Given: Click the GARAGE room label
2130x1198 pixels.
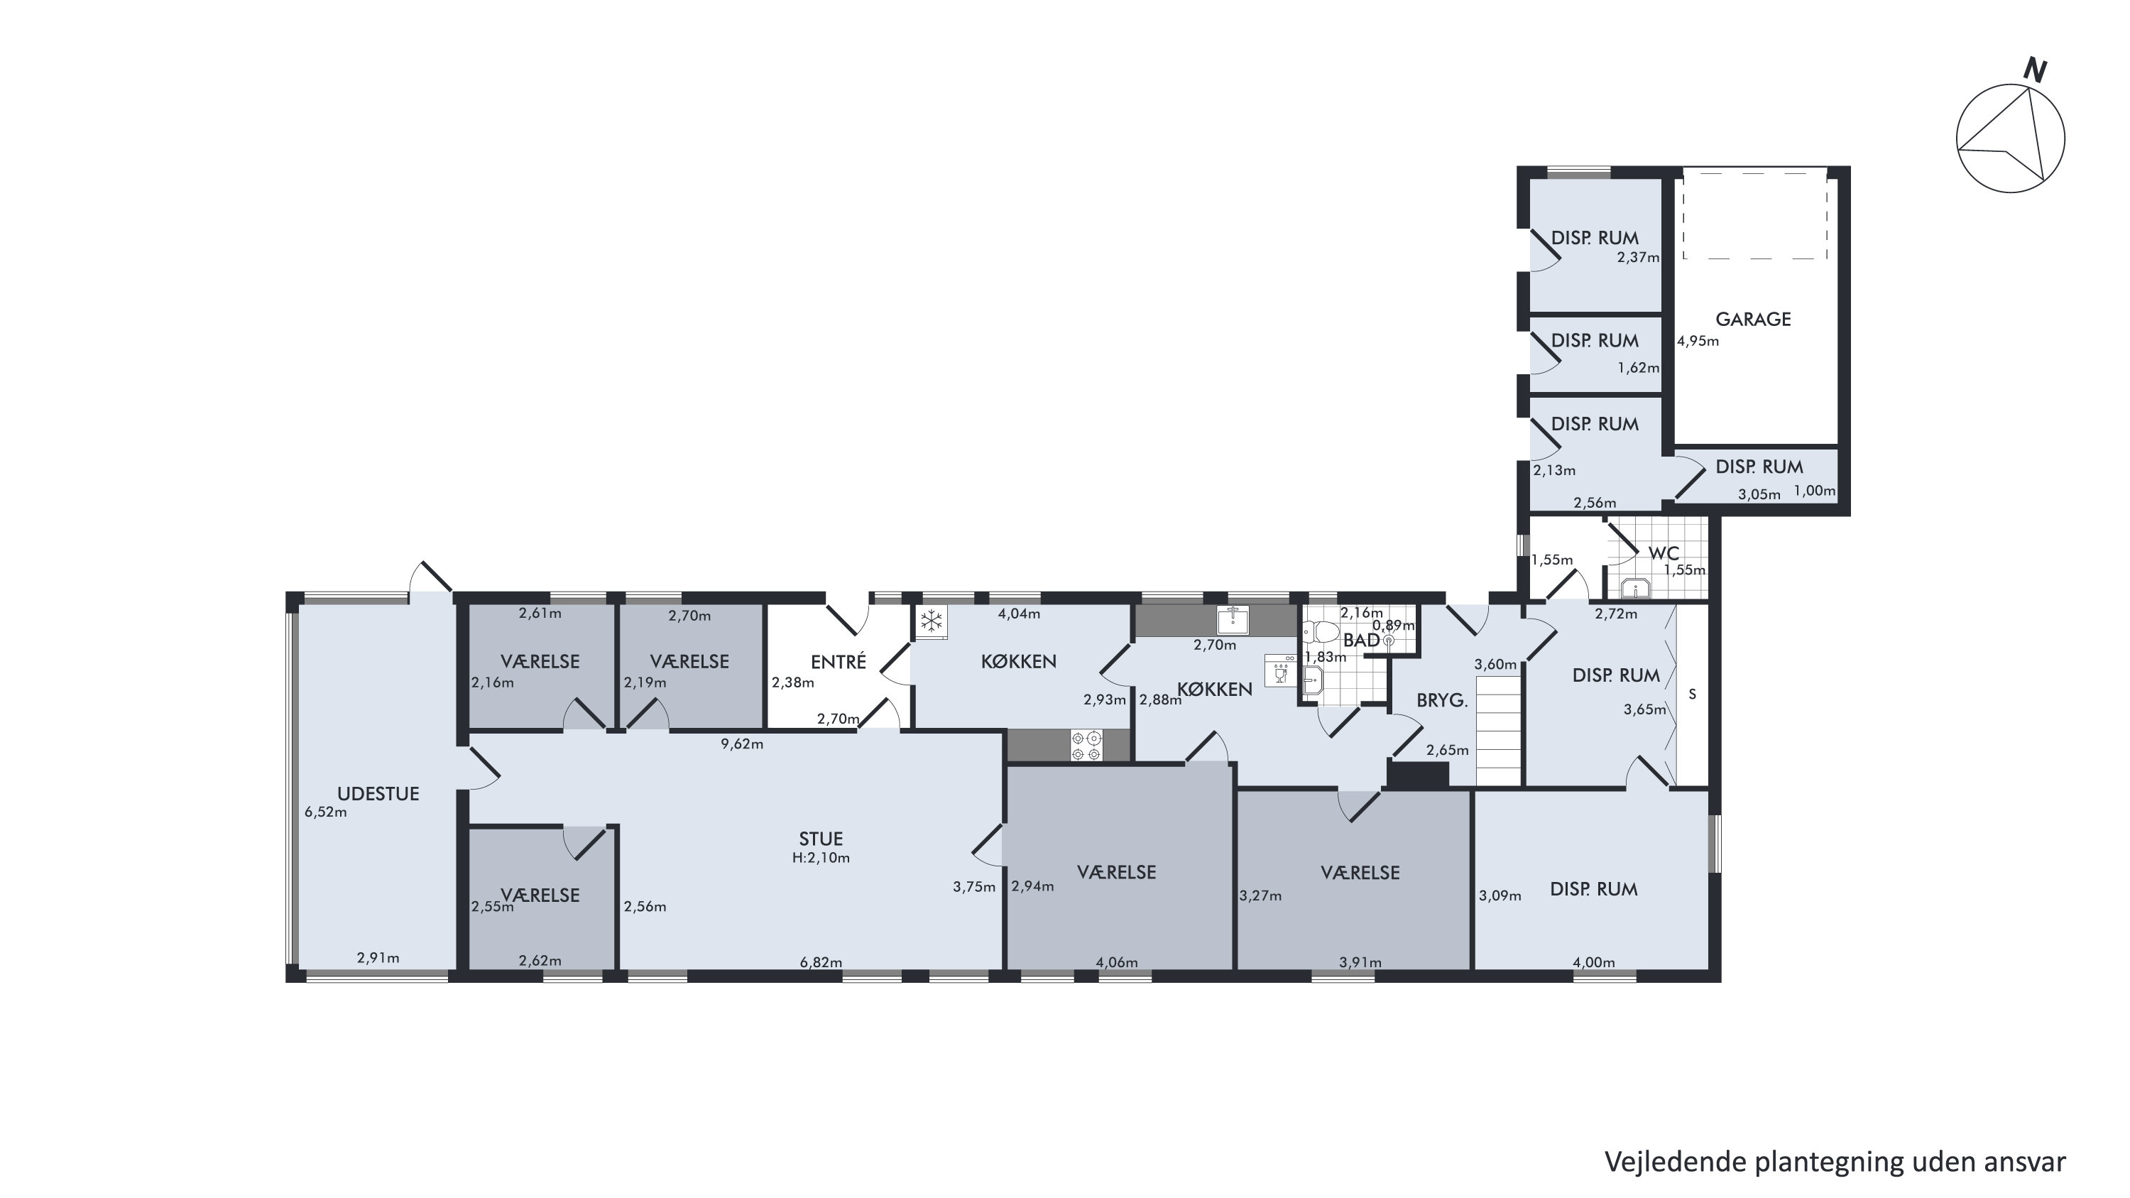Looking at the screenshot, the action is (1753, 319).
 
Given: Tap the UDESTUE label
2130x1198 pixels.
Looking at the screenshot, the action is (378, 794).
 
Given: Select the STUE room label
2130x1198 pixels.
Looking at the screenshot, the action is (820, 839).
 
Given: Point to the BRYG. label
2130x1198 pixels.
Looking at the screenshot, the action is (1442, 700).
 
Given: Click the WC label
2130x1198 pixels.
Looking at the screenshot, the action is (1664, 552).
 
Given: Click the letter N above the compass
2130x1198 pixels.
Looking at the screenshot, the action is (2035, 71).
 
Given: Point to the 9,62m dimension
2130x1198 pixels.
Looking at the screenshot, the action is (742, 744).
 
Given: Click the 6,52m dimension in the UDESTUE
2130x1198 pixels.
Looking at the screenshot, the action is (326, 812).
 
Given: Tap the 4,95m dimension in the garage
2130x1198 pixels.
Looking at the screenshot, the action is (1698, 341).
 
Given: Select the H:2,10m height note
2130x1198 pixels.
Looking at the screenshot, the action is (820, 857).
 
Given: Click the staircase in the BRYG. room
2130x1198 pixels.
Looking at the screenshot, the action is (1499, 730).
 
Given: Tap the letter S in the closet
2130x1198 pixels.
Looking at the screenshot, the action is (1693, 695).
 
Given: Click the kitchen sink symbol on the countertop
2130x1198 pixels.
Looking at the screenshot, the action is (1233, 619).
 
